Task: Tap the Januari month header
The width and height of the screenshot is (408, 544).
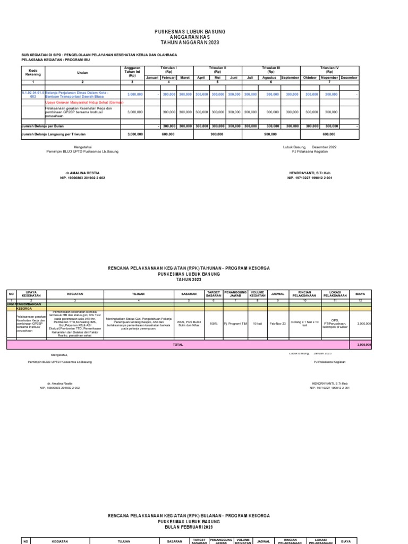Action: (152, 78)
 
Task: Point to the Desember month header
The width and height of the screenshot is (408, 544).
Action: (349, 78)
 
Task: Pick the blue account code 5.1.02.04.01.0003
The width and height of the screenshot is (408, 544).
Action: (32, 94)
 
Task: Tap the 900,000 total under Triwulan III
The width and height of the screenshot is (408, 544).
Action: (271, 134)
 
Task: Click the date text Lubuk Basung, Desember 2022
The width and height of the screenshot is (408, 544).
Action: (310, 147)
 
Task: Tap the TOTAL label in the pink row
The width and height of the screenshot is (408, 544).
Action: (177, 345)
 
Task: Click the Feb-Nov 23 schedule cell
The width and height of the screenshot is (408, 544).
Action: (278, 323)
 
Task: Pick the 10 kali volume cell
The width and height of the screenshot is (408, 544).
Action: (257, 323)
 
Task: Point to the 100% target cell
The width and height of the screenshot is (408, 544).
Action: (214, 323)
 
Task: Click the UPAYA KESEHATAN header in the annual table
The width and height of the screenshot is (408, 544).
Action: (31, 293)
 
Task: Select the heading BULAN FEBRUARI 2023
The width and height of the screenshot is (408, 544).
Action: (189, 529)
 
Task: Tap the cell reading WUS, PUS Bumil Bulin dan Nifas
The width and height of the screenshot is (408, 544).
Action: (189, 323)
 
